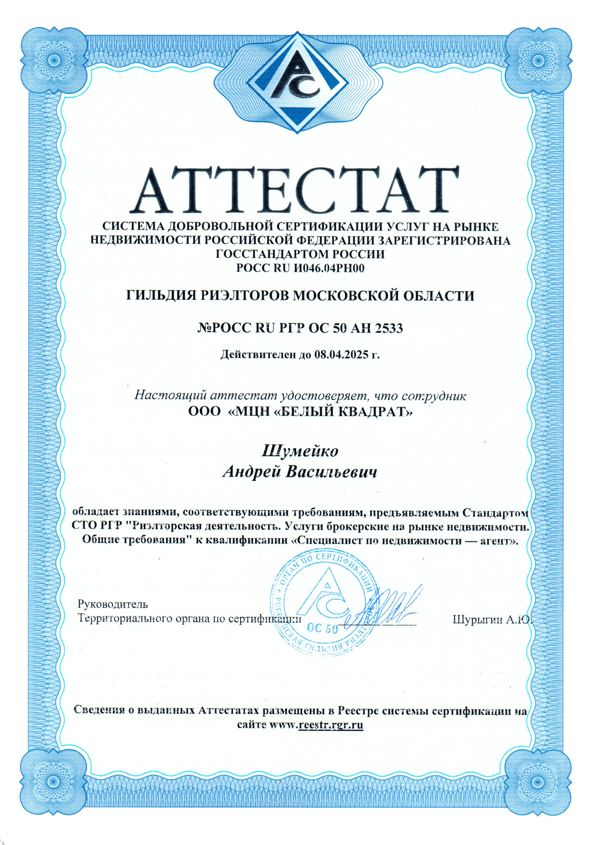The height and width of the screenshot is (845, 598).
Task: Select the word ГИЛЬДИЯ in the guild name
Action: (x=161, y=296)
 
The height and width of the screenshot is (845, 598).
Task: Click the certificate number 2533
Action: (x=389, y=328)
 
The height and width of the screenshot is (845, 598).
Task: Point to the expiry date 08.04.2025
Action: (x=341, y=355)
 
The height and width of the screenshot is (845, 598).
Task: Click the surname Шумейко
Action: (x=300, y=451)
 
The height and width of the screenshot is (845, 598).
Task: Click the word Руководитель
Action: (x=113, y=604)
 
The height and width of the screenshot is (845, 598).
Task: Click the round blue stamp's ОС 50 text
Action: (x=322, y=628)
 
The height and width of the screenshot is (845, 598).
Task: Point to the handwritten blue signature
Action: (x=385, y=606)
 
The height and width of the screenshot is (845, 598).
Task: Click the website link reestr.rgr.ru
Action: (x=330, y=725)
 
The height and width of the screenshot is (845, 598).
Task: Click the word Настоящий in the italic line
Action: (x=163, y=396)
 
